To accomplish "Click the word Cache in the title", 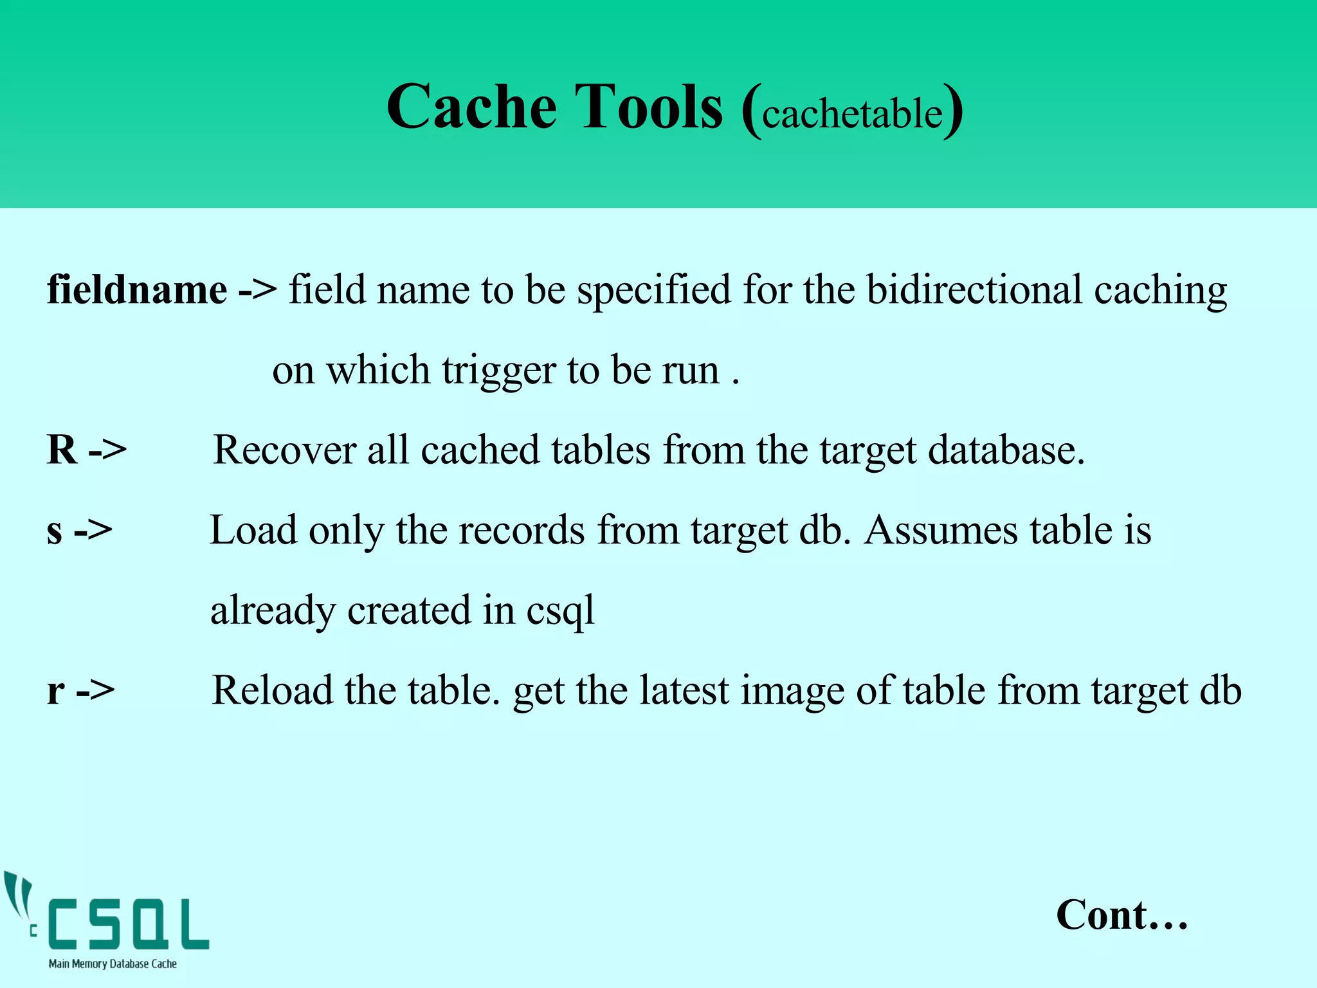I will click(x=471, y=107).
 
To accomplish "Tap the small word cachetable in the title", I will click(x=852, y=114).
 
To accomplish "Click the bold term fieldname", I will click(x=137, y=290).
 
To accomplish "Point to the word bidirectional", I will click(x=974, y=290).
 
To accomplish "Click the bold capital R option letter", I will click(x=62, y=450).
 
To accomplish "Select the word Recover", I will click(x=284, y=450).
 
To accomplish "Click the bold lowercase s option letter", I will click(x=55, y=531).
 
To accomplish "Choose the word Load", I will click(x=253, y=530).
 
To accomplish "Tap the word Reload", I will click(x=272, y=690).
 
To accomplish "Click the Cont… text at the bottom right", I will click(x=1122, y=915).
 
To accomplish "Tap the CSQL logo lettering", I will click(x=129, y=924).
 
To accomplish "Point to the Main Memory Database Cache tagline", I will click(x=113, y=964).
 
